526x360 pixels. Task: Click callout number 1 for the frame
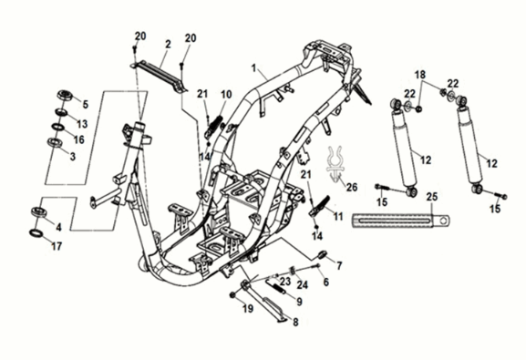coord(258,67)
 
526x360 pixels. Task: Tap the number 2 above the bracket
coord(168,44)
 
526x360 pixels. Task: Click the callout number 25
coord(432,198)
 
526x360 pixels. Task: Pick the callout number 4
coord(58,227)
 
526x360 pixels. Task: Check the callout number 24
coord(303,284)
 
